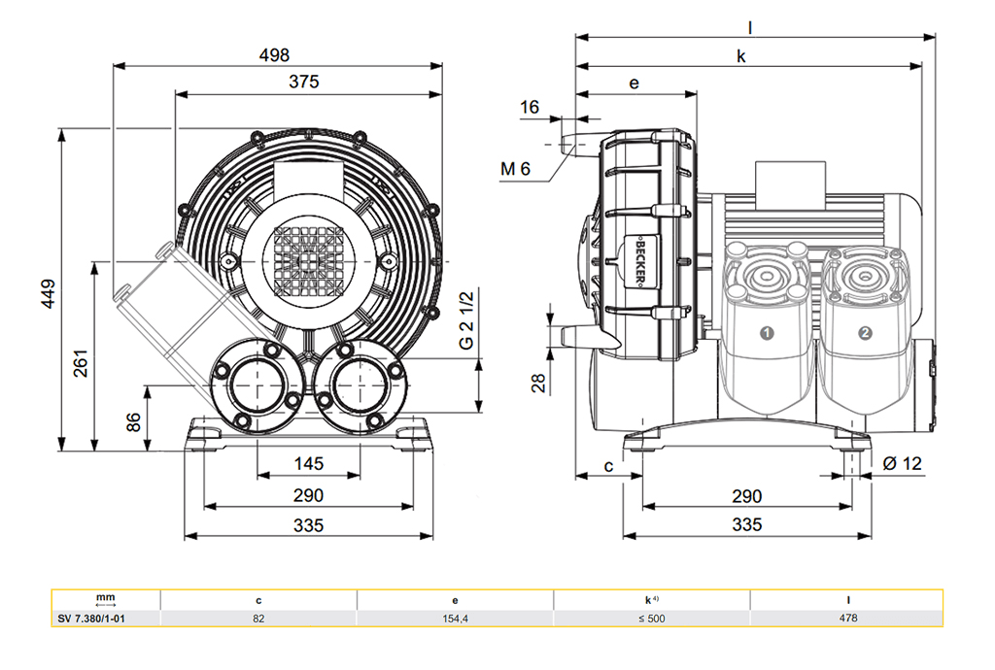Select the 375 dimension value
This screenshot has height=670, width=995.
click(303, 83)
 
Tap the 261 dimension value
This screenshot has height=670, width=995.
click(82, 361)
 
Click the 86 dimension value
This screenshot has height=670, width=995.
click(134, 422)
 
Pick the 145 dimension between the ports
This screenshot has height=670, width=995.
click(308, 464)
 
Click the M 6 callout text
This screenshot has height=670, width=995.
click(516, 169)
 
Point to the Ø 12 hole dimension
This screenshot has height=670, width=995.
click(902, 463)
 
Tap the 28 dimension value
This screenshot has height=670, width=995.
click(538, 383)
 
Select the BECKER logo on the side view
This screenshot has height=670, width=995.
click(642, 261)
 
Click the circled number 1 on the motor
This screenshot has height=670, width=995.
click(766, 333)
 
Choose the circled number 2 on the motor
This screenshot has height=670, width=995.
click(865, 333)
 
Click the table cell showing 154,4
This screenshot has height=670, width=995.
click(455, 618)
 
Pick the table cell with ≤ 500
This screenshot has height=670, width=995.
click(651, 618)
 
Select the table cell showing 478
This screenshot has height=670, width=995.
click(846, 618)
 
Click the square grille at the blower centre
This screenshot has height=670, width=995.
click(304, 260)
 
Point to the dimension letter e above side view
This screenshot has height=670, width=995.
click(634, 84)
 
